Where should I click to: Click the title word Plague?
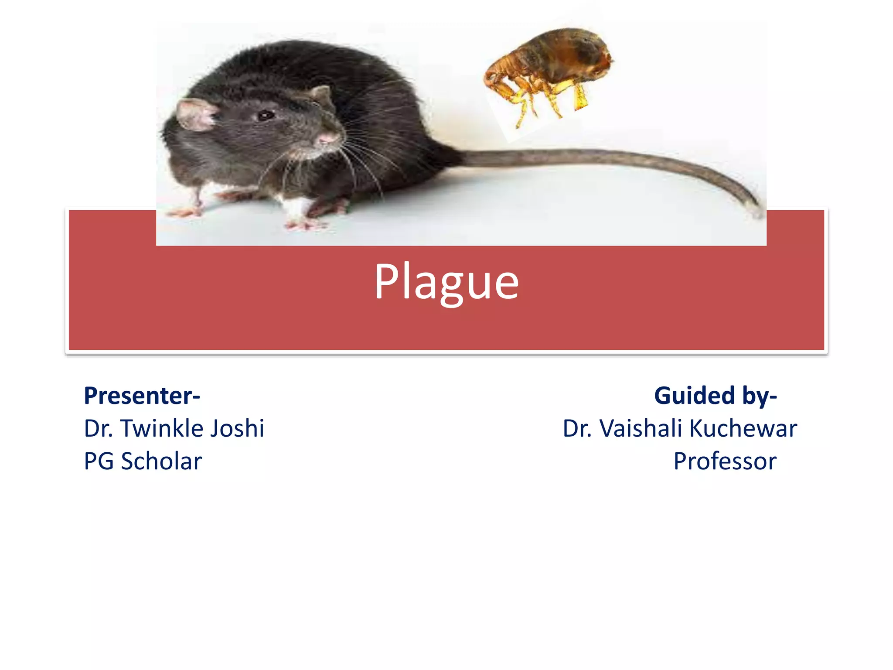click(446, 283)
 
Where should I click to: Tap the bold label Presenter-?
click(142, 396)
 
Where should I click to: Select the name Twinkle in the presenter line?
click(162, 428)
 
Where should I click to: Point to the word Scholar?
click(161, 461)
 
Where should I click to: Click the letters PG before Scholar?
click(99, 461)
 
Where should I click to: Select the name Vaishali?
click(641, 428)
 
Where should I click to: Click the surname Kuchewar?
click(743, 428)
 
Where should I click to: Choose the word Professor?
click(725, 461)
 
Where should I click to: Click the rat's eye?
click(265, 116)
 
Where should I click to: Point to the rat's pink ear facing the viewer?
click(196, 115)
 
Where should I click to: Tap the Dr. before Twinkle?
click(99, 428)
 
